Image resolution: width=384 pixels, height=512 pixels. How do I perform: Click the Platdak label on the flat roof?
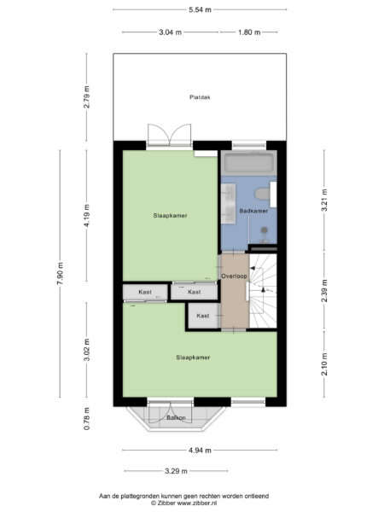coord(200,98)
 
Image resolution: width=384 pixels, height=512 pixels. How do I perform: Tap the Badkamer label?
coord(253,211)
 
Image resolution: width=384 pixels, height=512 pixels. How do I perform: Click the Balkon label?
coord(177,417)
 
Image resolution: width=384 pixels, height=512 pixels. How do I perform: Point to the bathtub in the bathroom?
coord(247,164)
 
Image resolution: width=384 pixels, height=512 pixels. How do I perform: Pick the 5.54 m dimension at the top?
coord(200,9)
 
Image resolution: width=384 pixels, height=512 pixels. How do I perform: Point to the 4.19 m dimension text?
coord(86,215)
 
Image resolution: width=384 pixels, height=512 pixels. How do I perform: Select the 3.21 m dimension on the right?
coord(324,205)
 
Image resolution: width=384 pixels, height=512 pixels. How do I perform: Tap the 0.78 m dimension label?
coord(86,417)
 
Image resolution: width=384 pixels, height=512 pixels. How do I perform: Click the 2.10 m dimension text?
coord(324,365)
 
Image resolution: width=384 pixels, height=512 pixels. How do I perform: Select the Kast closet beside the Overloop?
coord(202,316)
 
